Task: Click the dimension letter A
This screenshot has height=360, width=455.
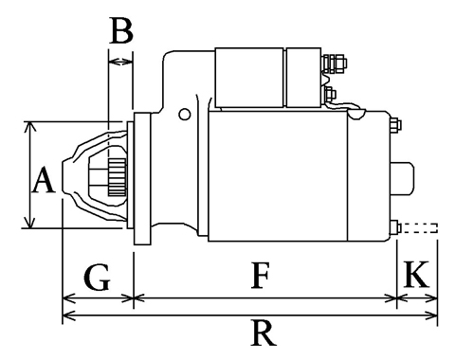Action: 44,181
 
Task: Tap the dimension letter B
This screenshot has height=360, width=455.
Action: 121,30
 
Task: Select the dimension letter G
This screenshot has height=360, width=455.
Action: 97,278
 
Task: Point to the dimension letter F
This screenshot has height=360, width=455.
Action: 260,276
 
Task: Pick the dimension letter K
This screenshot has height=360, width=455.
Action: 416,274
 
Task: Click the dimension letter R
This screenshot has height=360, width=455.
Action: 264,333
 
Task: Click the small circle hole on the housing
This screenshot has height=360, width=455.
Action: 184,114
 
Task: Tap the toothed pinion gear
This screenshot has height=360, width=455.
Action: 118,177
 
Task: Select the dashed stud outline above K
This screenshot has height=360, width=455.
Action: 419,228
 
